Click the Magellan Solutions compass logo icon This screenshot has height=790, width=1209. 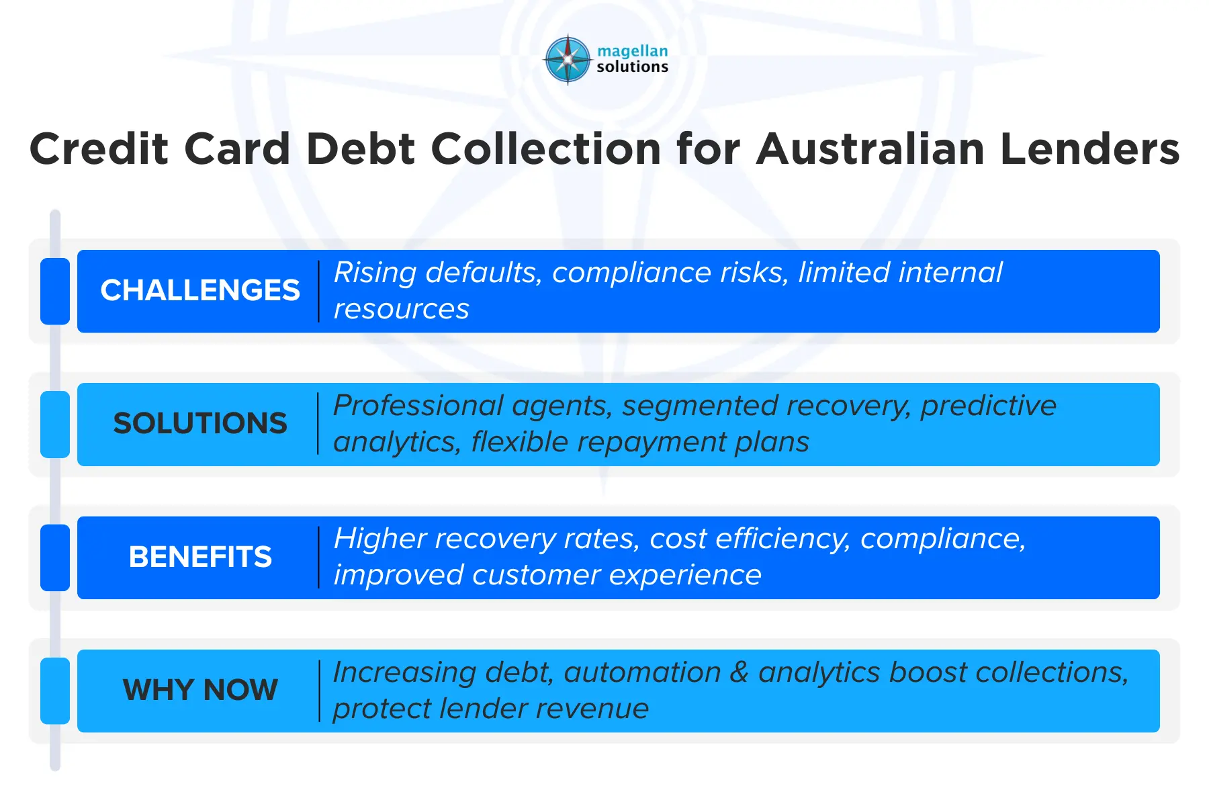(x=568, y=60)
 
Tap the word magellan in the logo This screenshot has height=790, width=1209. (x=632, y=51)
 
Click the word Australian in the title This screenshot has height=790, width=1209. (x=870, y=148)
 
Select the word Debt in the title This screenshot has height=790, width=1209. (x=361, y=148)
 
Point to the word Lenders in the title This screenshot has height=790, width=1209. (x=1089, y=148)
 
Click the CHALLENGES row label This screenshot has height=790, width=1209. (x=199, y=290)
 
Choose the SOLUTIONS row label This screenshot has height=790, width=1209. (x=199, y=423)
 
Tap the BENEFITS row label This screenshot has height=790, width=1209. (x=199, y=557)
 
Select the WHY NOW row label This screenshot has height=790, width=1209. (x=199, y=690)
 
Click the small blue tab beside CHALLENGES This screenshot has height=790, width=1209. (x=55, y=291)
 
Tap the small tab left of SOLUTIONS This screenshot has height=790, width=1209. (x=55, y=424)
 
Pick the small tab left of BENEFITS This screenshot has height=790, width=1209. (x=55, y=558)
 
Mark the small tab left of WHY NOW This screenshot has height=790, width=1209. (x=55, y=691)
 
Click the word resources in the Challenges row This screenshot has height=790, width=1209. (x=401, y=310)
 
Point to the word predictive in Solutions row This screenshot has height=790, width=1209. (x=988, y=406)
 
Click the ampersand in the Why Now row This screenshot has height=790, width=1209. (x=739, y=672)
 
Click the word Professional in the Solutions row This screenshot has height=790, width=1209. (x=418, y=406)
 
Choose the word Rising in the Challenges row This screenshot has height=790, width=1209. (x=375, y=273)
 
